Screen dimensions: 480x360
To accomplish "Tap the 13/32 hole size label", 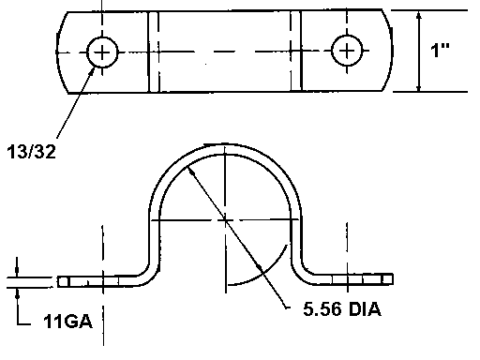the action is tap(31, 152).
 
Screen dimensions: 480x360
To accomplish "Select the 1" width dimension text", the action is tap(440, 50).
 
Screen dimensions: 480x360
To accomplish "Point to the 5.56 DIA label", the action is tap(342, 309).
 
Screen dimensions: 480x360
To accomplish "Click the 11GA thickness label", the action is tap(68, 321).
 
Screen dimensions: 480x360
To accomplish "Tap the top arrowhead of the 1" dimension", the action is tap(419, 16).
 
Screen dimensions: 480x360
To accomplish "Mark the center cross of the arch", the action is tap(225, 220).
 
